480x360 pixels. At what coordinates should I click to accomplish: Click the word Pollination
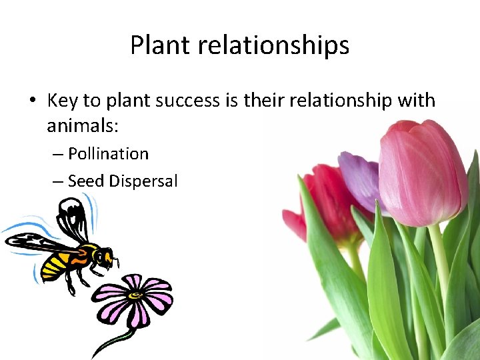pyautogui.click(x=108, y=154)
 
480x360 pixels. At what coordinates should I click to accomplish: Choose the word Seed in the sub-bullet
pyautogui.click(x=86, y=181)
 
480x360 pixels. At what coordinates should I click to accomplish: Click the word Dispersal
pyautogui.click(x=143, y=181)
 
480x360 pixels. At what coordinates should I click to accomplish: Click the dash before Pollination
pyautogui.click(x=57, y=154)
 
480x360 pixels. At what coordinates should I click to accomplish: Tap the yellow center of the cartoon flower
pyautogui.click(x=135, y=294)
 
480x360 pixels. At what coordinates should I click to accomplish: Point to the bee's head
pyautogui.click(x=103, y=256)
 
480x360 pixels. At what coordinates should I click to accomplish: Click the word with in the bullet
pyautogui.click(x=416, y=101)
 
